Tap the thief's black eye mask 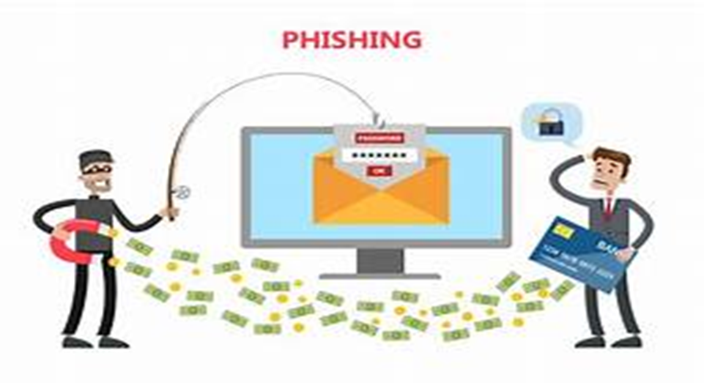click(x=96, y=168)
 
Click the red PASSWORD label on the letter click(x=378, y=138)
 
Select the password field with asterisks click(x=378, y=155)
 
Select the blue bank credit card click(x=583, y=253)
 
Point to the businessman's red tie click(x=607, y=209)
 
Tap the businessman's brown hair click(x=612, y=156)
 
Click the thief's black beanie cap click(x=95, y=157)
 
